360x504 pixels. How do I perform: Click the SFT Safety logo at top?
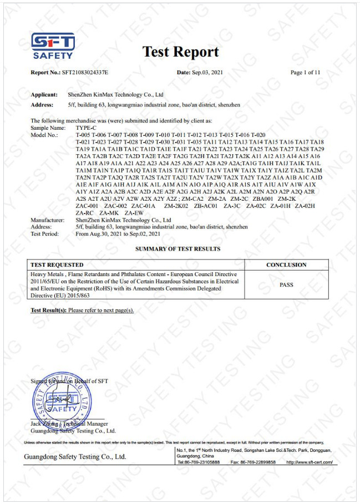53,45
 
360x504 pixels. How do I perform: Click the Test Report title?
181,52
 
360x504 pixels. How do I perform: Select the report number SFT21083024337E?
85,73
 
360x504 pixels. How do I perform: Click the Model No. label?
44,135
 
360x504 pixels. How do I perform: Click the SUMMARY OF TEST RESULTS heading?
178,249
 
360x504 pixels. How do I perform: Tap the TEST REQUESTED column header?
57,264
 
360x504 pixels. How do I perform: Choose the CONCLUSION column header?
286,264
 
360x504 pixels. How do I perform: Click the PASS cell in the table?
286,285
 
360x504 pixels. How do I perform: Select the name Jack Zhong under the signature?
43,424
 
